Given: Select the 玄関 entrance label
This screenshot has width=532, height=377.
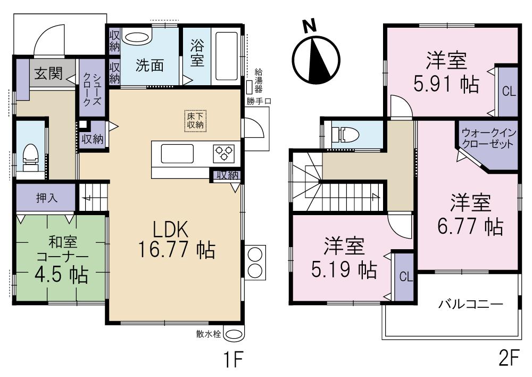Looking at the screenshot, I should (x=48, y=73).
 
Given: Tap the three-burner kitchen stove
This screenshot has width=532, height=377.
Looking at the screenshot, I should (x=225, y=153).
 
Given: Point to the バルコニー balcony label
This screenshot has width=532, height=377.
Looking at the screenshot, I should (x=470, y=305).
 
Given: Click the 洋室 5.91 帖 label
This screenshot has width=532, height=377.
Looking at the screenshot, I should (x=446, y=72).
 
